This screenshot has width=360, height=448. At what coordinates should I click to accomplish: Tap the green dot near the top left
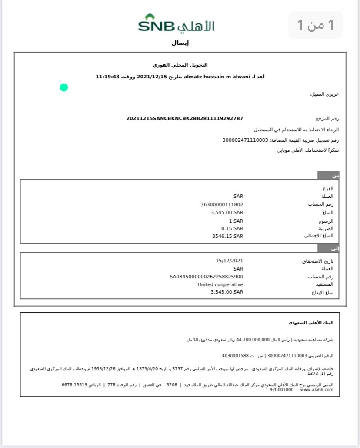tap(64, 87)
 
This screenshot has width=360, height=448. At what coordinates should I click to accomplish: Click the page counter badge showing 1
tap(316, 25)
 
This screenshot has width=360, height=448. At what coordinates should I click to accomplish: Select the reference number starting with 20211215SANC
tap(184, 118)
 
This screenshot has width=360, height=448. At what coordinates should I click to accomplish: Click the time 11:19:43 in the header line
tap(107, 77)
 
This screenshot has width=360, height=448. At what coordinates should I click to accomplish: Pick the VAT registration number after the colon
tap(245, 140)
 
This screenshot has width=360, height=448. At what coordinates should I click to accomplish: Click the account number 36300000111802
tap(222, 204)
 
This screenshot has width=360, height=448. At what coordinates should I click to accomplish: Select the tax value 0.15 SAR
tap(232, 228)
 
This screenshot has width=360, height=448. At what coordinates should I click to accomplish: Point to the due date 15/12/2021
tap(229, 261)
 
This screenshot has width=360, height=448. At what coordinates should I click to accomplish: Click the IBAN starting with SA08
tap(207, 277)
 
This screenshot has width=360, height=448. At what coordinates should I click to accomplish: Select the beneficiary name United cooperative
tap(220, 284)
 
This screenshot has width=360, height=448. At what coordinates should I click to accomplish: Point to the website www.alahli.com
tap(317, 390)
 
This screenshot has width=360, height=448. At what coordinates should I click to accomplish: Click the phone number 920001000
tap(282, 390)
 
